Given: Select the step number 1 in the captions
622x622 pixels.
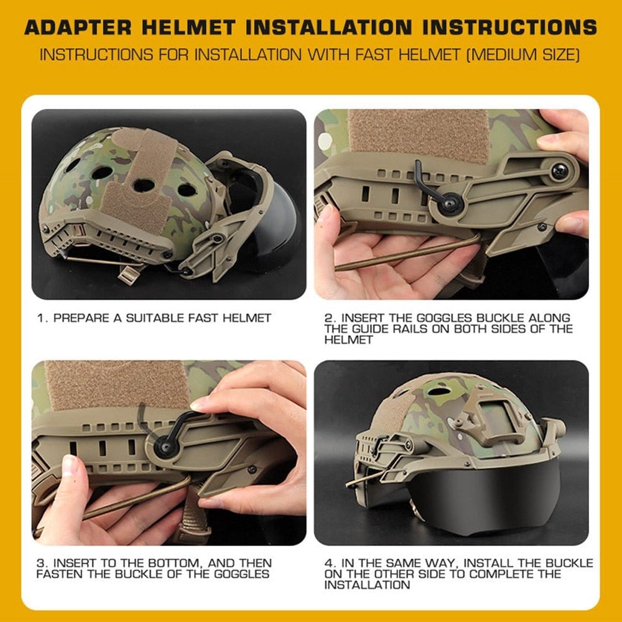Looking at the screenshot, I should click(x=40, y=318).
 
